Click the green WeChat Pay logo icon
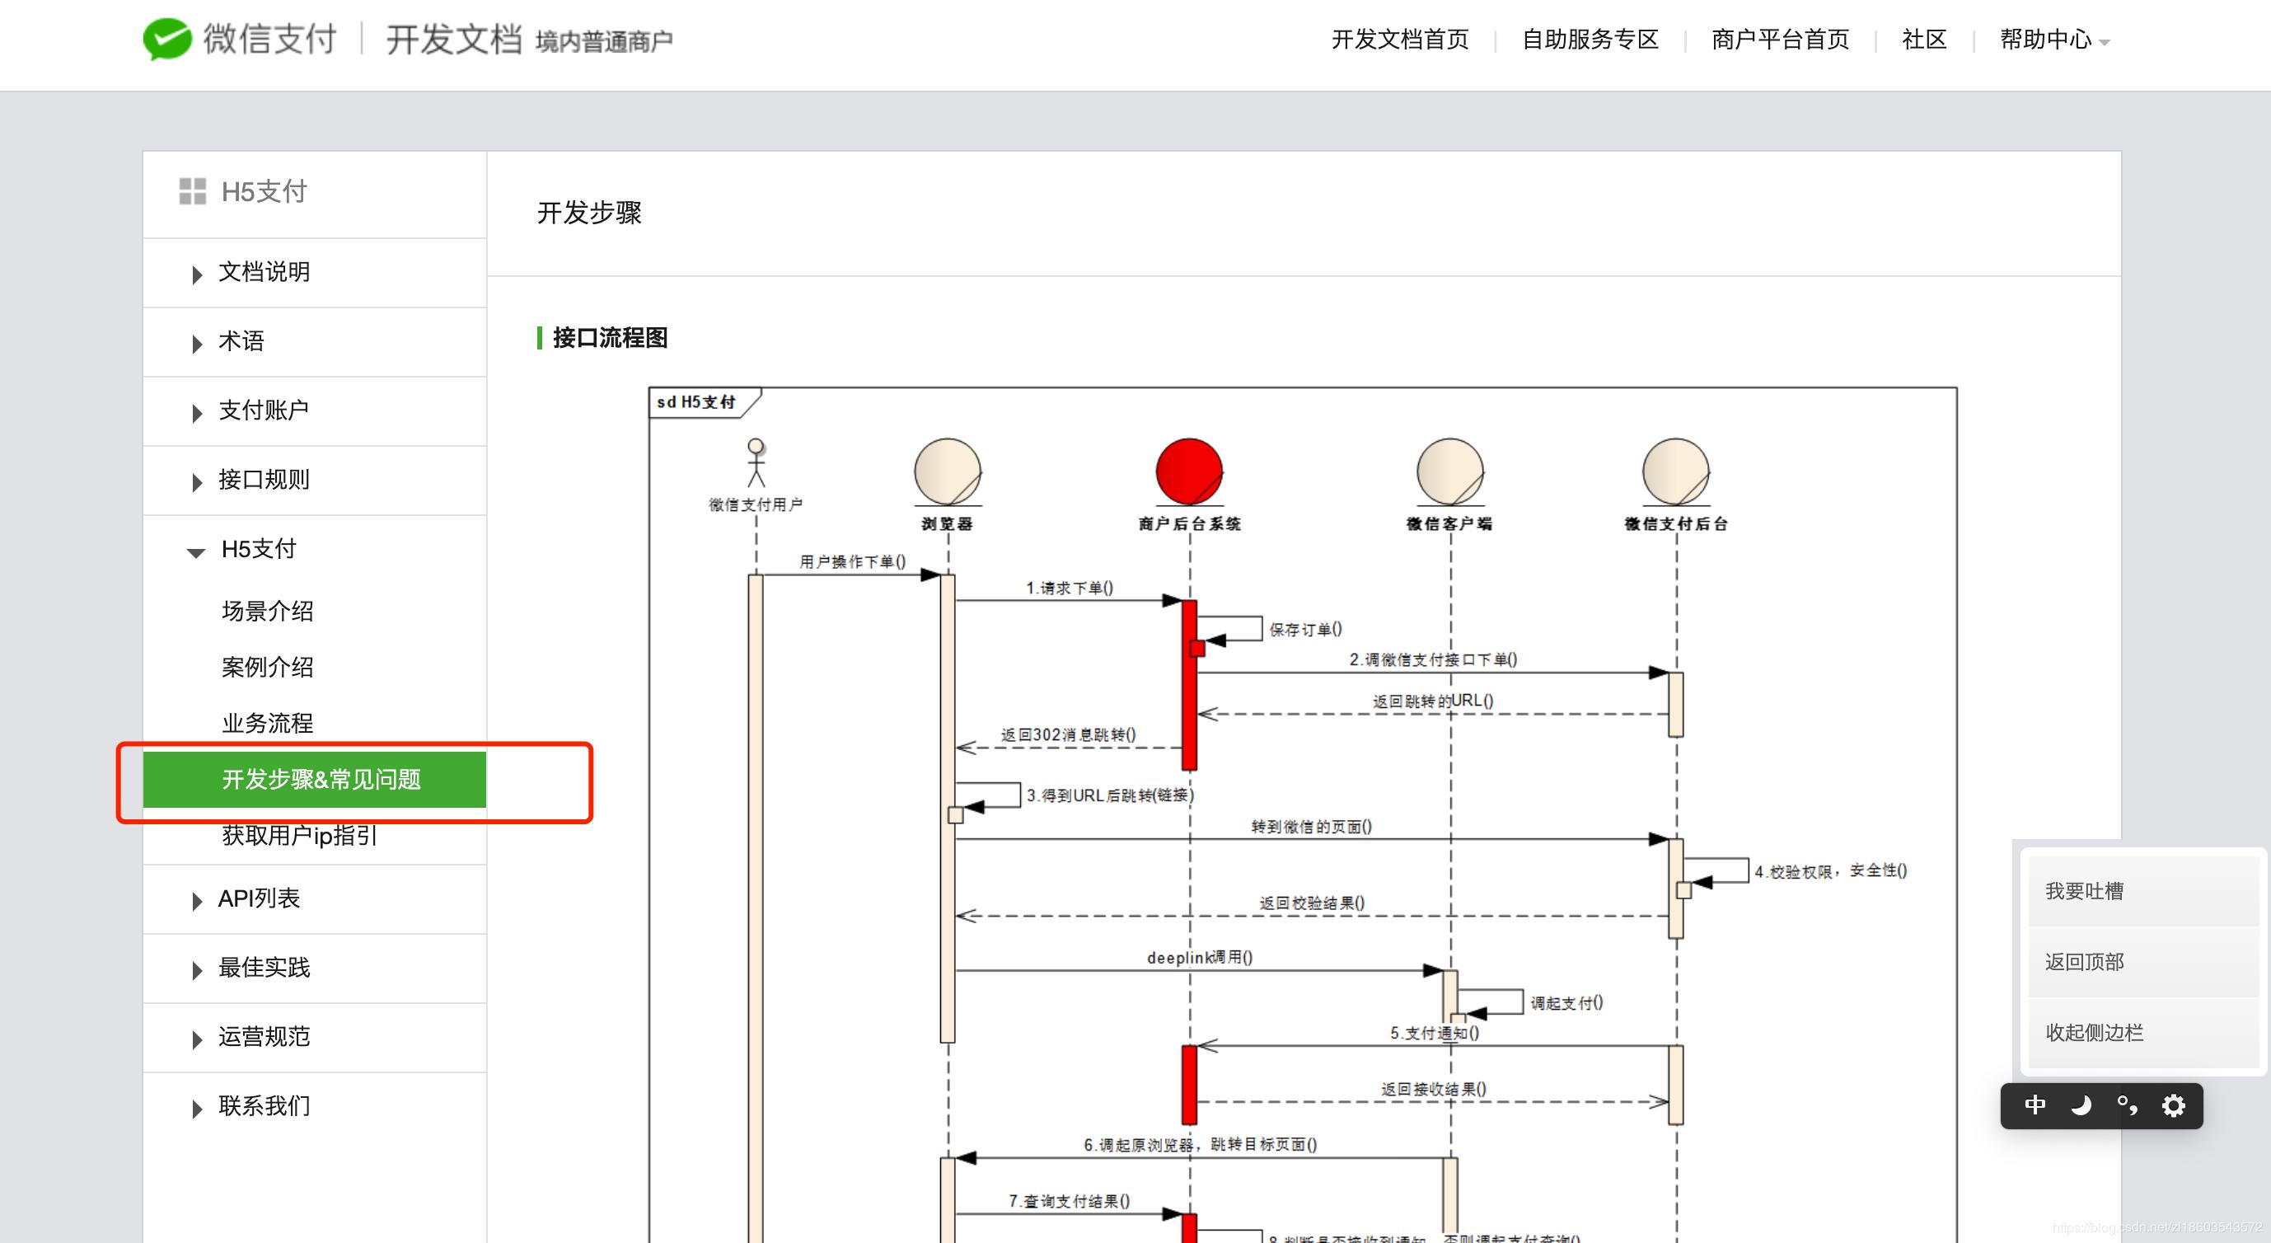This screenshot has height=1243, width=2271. pyautogui.click(x=167, y=39)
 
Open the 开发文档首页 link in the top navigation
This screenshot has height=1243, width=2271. pyautogui.click(x=1399, y=40)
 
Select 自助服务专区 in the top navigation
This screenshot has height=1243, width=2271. pyautogui.click(x=1590, y=40)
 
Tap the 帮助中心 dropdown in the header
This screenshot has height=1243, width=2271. pyautogui.click(x=2053, y=40)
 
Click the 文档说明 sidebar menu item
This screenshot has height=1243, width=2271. pyautogui.click(x=264, y=272)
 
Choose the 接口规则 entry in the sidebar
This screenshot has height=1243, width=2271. pyautogui.click(x=264, y=481)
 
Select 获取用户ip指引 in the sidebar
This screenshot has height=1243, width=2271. pyautogui.click(x=300, y=836)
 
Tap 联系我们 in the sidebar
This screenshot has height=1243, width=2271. pyautogui.click(x=264, y=1106)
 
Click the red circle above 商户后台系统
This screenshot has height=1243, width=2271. pyautogui.click(x=1188, y=471)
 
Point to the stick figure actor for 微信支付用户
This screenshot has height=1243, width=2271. pyautogui.click(x=756, y=462)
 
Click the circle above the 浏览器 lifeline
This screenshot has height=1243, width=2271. pyautogui.click(x=948, y=471)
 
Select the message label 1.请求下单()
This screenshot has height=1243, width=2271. pyautogui.click(x=1070, y=588)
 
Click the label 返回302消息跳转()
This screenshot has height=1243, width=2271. pyautogui.click(x=1068, y=734)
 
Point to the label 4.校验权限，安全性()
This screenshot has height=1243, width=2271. pyautogui.click(x=1830, y=871)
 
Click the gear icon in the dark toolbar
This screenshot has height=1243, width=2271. pyautogui.click(x=2173, y=1105)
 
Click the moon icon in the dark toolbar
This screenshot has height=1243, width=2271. pyautogui.click(x=2081, y=1105)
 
